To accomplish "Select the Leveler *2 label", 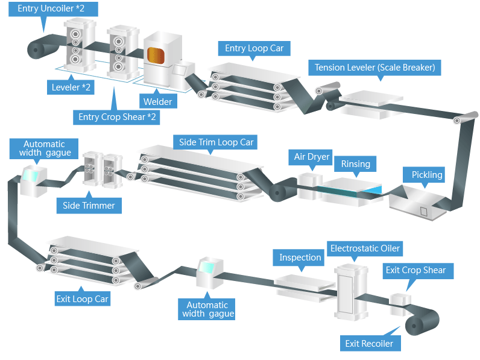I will (71, 87).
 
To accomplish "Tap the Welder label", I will (157, 101).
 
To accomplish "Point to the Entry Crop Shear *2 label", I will (118, 116).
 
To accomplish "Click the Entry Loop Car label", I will (254, 48).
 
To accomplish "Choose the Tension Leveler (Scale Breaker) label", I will (374, 67).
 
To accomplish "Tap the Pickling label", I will (427, 175).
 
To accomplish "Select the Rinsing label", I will (356, 163).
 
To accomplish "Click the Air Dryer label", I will (312, 157).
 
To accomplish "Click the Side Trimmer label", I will (89, 205).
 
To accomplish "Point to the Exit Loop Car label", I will (82, 298).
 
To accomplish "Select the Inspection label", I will (300, 257).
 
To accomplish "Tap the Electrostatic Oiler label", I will (365, 248).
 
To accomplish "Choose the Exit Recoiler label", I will (369, 343).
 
